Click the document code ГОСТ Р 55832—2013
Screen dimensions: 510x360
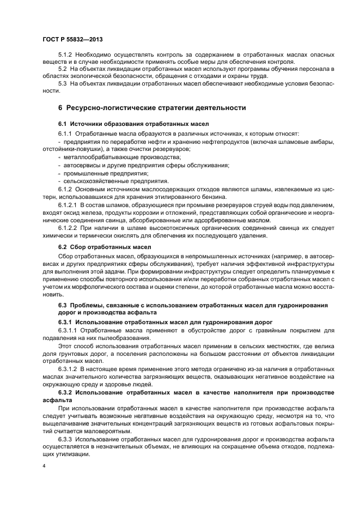tap(72, 40)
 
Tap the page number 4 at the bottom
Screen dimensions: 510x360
tap(44, 466)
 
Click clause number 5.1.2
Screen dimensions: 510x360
tap(66, 56)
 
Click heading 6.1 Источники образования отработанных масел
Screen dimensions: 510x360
tap(130, 125)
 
